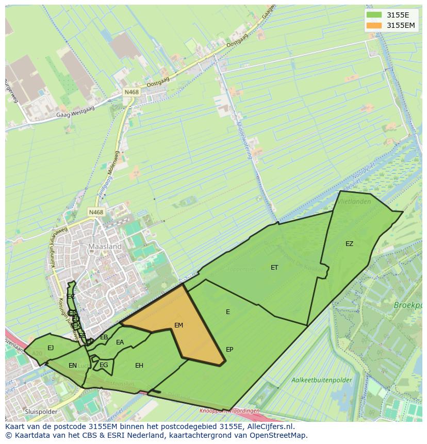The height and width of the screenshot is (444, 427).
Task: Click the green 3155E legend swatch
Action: pos(374,15)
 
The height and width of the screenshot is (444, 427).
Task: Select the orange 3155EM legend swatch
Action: pos(374,25)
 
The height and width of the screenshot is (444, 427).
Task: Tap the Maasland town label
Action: pos(105,246)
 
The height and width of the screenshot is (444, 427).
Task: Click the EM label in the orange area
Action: pos(178,325)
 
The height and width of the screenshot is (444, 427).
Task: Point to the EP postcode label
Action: pos(229,350)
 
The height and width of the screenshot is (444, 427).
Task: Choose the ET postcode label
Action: pos(274,268)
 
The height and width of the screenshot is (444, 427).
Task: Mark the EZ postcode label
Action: pos(350,244)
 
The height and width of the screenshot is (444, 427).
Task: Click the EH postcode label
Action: pos(139,366)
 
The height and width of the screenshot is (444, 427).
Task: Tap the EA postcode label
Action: pos(120,342)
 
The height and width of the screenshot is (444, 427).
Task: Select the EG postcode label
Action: pos(104,365)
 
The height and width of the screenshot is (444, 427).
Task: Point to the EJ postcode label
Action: pos(51,348)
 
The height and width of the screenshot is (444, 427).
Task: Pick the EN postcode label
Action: pos(73,366)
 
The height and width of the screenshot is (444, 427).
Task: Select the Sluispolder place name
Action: pos(41,412)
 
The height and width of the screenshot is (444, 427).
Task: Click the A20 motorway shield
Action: pos(37,353)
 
